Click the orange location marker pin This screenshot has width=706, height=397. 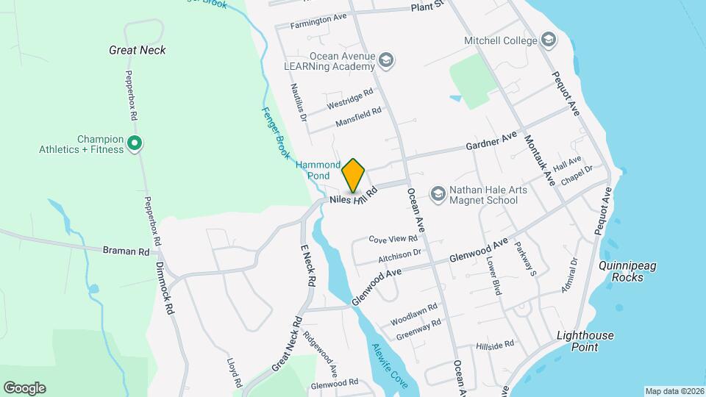354,176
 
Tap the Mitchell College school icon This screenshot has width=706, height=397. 548,40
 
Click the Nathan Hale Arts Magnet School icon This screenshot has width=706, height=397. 438,193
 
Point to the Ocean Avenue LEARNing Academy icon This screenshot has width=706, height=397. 388,60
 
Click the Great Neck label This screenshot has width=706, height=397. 137,50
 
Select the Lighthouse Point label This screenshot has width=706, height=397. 585,341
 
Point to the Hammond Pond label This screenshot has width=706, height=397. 318,171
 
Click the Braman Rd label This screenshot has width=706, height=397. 126,251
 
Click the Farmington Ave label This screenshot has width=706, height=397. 318,21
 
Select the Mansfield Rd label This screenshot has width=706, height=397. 358,117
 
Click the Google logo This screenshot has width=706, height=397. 24,388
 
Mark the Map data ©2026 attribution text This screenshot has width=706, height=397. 674,391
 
